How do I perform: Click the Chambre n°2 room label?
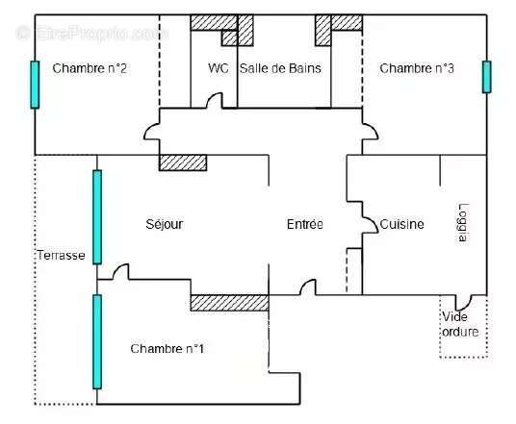point(90,68)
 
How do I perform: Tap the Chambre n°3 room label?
point(417,68)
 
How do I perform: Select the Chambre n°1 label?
point(168,348)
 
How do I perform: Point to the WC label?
point(219,68)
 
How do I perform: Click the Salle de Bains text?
point(280,68)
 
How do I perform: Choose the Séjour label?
point(165,224)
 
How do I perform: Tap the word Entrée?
point(305,224)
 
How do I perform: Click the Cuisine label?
point(401,224)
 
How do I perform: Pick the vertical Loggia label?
point(464,223)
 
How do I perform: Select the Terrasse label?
point(61,255)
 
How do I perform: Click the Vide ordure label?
point(460,324)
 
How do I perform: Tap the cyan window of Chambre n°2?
point(35,85)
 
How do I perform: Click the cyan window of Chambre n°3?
point(487,77)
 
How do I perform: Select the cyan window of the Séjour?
point(97,217)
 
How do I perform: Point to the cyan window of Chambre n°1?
point(97,342)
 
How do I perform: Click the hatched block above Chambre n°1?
point(230,303)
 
